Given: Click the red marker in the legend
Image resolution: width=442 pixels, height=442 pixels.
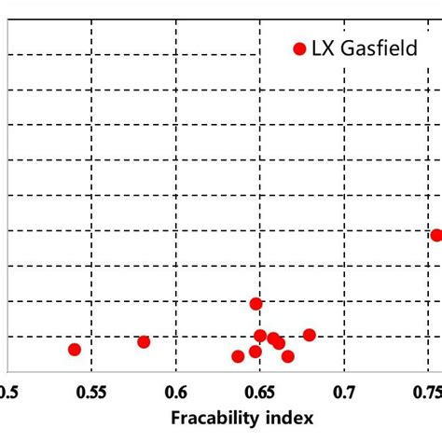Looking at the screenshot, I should (x=299, y=48).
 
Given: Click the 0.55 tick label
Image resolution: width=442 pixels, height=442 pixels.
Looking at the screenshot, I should (x=90, y=390).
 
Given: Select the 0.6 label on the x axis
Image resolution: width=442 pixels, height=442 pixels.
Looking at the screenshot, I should (x=175, y=390).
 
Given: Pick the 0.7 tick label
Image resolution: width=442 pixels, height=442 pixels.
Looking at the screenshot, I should (x=345, y=390).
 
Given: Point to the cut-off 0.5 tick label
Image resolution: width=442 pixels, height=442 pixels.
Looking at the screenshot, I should (x=7, y=390).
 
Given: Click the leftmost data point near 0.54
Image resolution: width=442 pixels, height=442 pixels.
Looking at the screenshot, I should (x=75, y=349).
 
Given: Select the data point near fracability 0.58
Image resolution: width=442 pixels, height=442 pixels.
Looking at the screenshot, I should (x=144, y=341).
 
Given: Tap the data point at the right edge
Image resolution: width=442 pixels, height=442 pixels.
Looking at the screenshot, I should (x=436, y=235).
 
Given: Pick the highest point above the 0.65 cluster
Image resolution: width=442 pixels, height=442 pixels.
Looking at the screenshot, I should (x=256, y=303).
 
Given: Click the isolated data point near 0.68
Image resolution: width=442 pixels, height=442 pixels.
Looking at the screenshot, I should (x=310, y=335).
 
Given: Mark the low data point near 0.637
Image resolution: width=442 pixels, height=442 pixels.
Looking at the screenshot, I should (x=238, y=356).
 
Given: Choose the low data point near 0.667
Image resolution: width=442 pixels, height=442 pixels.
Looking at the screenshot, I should (x=288, y=356).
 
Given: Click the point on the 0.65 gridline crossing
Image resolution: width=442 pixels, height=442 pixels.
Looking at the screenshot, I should (x=260, y=336).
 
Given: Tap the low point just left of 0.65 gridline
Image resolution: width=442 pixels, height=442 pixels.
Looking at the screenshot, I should (x=256, y=352).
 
